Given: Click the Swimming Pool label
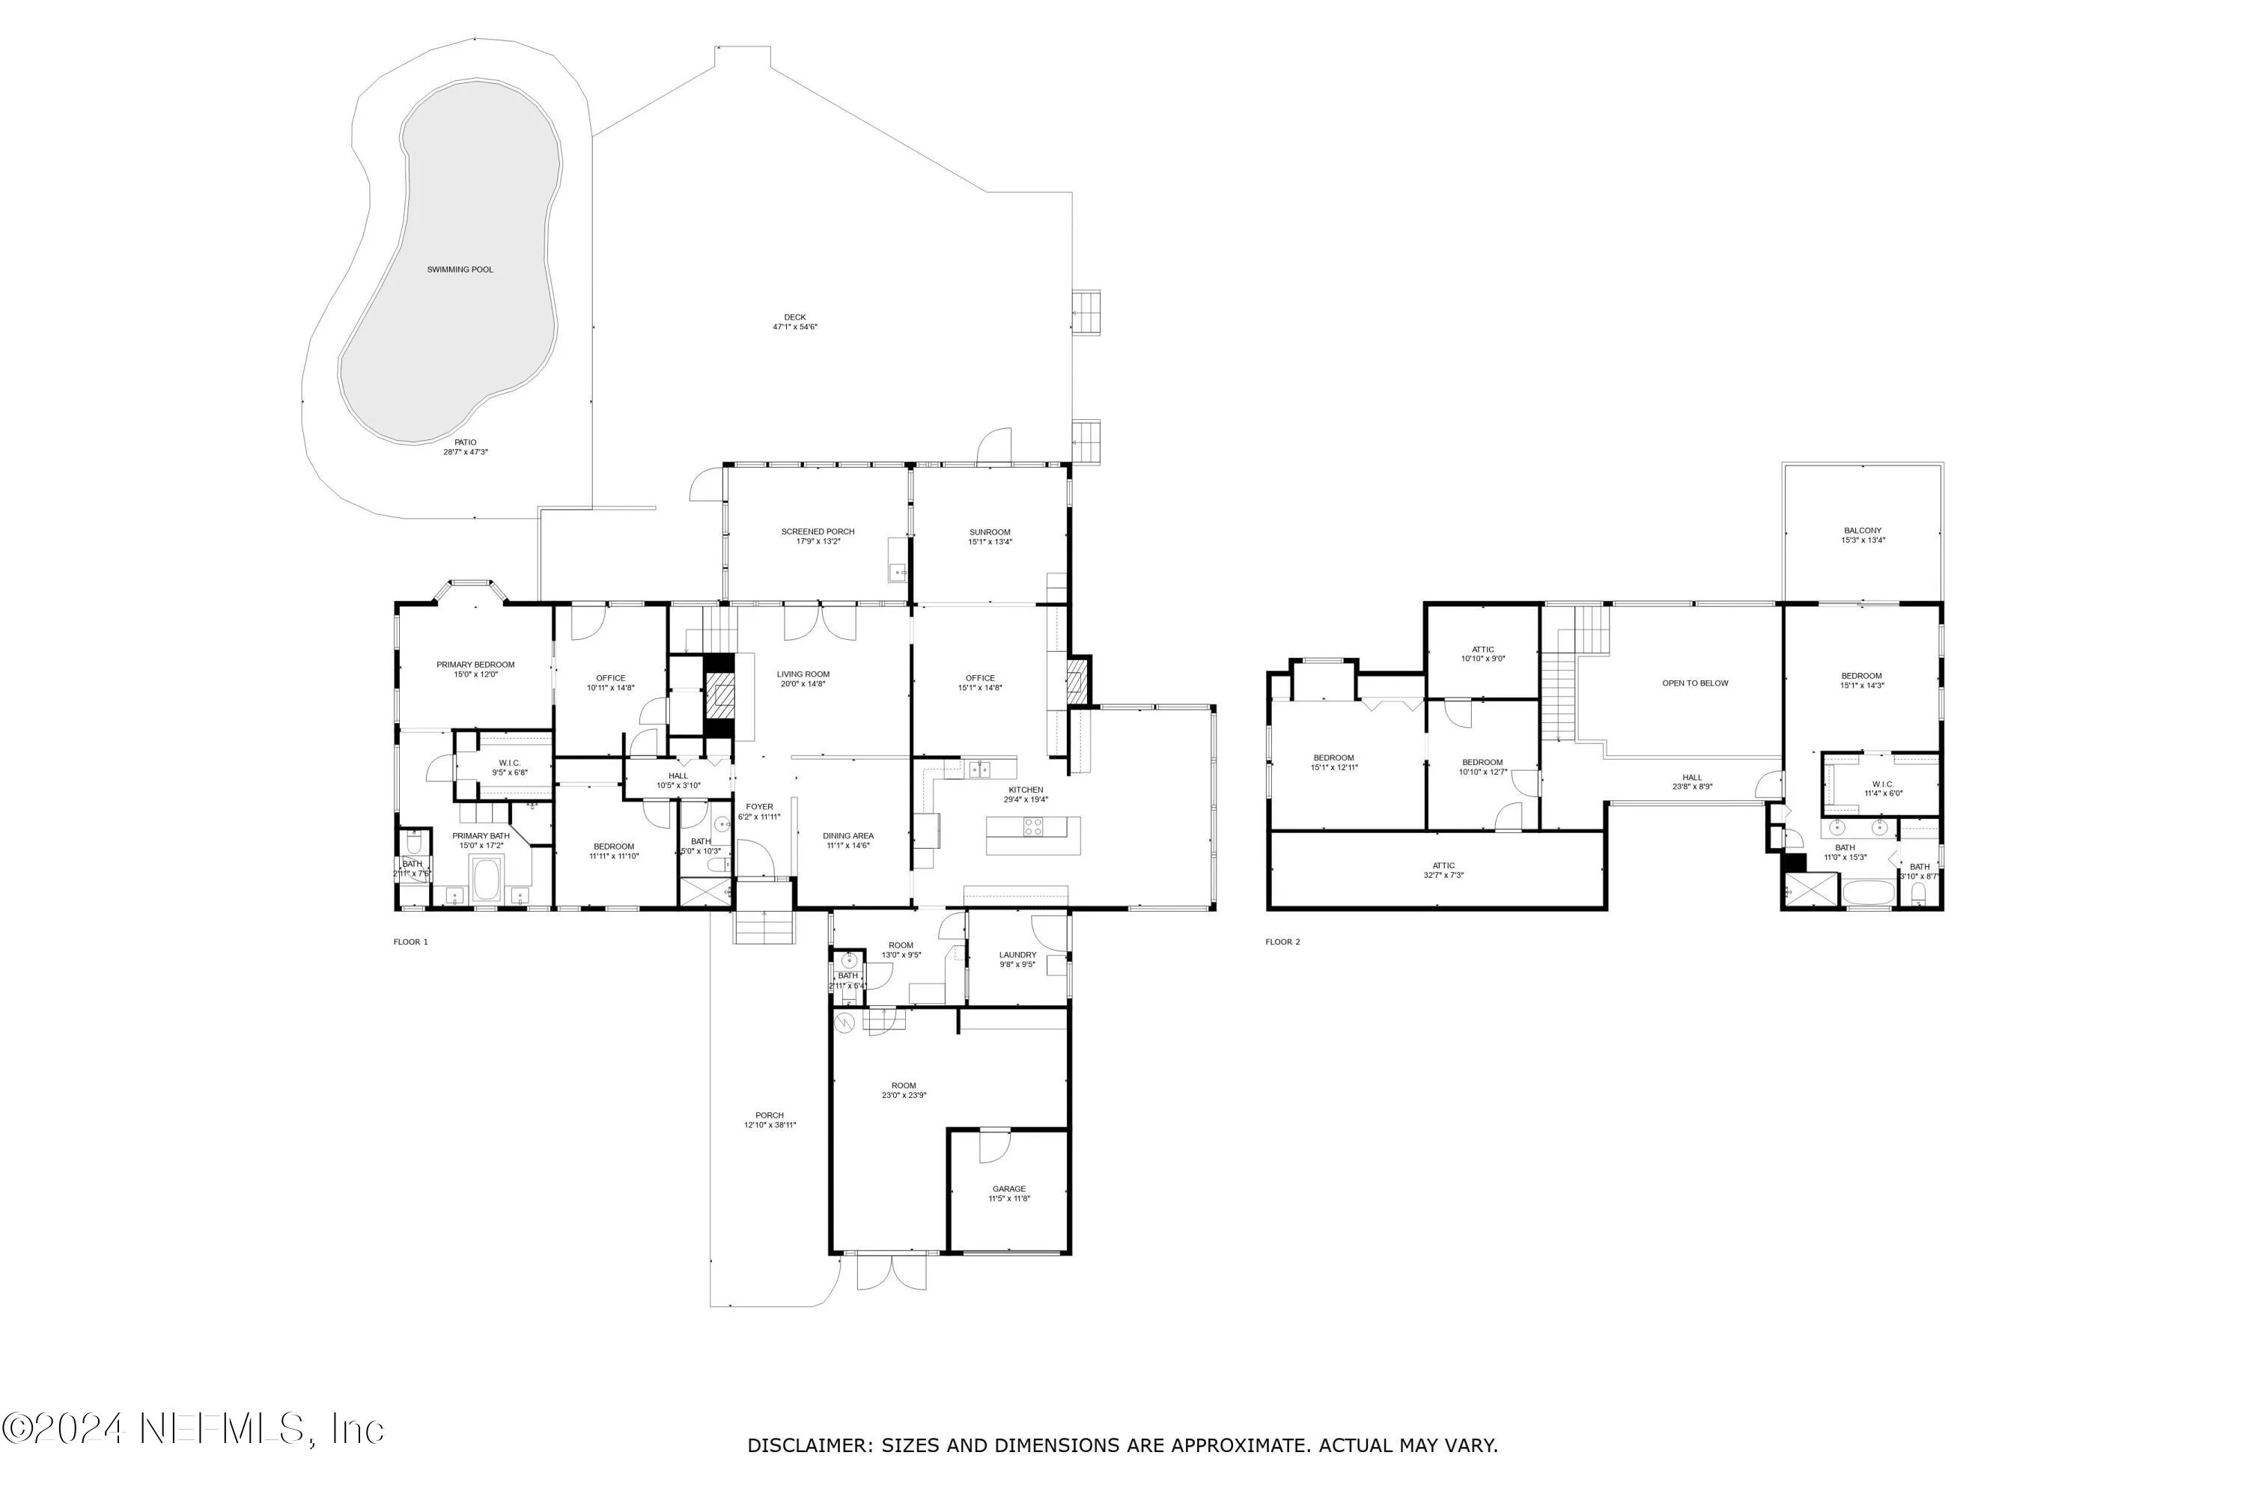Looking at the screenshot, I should (460, 269).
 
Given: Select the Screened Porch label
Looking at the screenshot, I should (818, 531).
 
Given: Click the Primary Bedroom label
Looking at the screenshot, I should (475, 665).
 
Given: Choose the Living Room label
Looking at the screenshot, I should (803, 674).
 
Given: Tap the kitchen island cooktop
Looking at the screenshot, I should (1034, 827).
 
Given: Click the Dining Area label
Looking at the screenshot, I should (848, 835).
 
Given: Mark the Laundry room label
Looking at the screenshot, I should (1018, 955).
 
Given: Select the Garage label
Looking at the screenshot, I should (1008, 1189).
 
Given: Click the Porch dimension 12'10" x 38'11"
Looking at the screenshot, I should (770, 1126).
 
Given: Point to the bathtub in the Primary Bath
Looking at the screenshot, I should (485, 880).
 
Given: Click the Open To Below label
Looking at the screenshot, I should (1695, 683).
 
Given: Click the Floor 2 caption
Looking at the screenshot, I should (1282, 942).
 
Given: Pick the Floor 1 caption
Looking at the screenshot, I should (410, 942).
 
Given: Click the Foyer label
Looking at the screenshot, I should (759, 807).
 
